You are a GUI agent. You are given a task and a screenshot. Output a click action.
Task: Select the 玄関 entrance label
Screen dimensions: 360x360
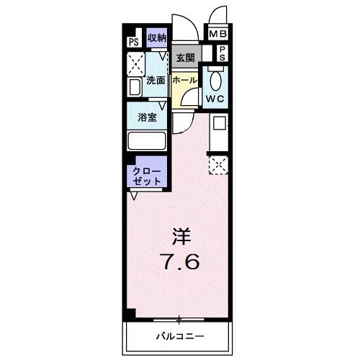[x=184, y=57]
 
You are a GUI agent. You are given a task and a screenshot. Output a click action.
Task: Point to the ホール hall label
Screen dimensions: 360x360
[x=184, y=81]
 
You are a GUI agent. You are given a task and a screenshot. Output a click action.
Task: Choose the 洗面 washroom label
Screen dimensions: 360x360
[x=156, y=81]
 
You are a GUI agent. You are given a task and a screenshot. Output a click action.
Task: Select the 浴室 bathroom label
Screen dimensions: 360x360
[x=148, y=117]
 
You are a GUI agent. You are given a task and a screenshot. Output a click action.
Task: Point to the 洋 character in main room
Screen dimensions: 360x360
[x=181, y=235]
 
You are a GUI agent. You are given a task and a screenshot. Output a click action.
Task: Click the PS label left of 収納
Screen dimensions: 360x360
[x=133, y=41]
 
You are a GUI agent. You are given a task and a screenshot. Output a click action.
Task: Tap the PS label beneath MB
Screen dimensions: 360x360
[x=222, y=53]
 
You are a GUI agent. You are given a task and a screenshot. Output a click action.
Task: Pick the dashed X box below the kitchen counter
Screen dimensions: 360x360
[x=218, y=165]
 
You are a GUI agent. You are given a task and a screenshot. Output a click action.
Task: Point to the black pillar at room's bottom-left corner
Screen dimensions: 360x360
[x=130, y=315]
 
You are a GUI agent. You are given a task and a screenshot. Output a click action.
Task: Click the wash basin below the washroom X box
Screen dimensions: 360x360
[x=135, y=89]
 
